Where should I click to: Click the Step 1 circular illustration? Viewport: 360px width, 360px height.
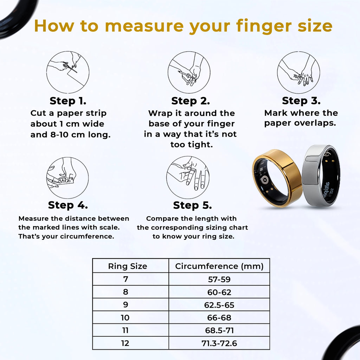point(68,72)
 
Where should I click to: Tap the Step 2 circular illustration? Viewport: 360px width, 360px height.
point(189,72)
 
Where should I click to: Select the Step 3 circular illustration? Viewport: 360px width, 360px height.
point(298,72)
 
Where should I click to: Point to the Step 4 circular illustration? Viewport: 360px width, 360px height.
point(67,178)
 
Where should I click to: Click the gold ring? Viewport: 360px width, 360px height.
point(277,178)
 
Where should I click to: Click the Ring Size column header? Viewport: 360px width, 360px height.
point(127,266)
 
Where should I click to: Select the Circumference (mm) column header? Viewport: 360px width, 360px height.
point(219,266)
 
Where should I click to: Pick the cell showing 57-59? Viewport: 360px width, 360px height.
point(219,279)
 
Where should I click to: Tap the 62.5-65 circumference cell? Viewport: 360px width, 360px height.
point(219,305)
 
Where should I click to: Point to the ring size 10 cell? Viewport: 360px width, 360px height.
point(125,317)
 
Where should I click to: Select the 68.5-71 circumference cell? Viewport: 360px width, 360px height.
point(219,330)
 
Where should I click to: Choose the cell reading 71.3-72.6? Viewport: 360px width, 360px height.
point(219,343)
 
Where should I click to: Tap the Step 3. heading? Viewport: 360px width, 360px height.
point(301,101)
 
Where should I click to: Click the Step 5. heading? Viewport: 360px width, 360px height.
point(192,205)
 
